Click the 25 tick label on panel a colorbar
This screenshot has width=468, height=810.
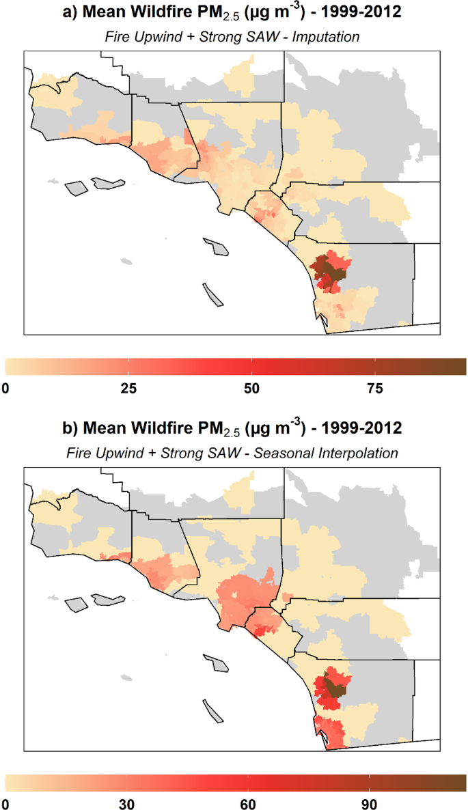pyautogui.click(x=128, y=389)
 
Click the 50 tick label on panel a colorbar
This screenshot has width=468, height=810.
pyautogui.click(x=251, y=389)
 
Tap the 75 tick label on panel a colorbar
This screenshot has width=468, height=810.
pyautogui.click(x=374, y=389)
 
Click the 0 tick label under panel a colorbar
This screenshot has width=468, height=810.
pyautogui.click(x=7, y=389)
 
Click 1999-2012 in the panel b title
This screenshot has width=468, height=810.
pyautogui.click(x=368, y=430)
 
